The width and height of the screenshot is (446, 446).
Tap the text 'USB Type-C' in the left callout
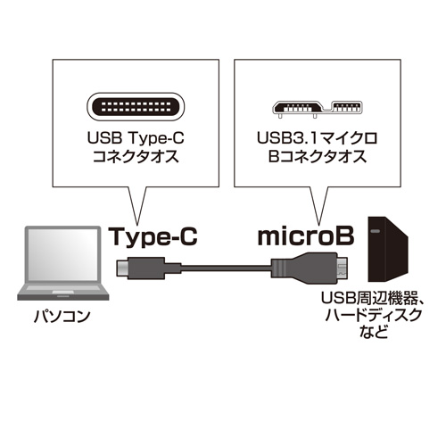(x=136, y=139)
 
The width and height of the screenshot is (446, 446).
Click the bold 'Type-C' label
(x=152, y=237)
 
